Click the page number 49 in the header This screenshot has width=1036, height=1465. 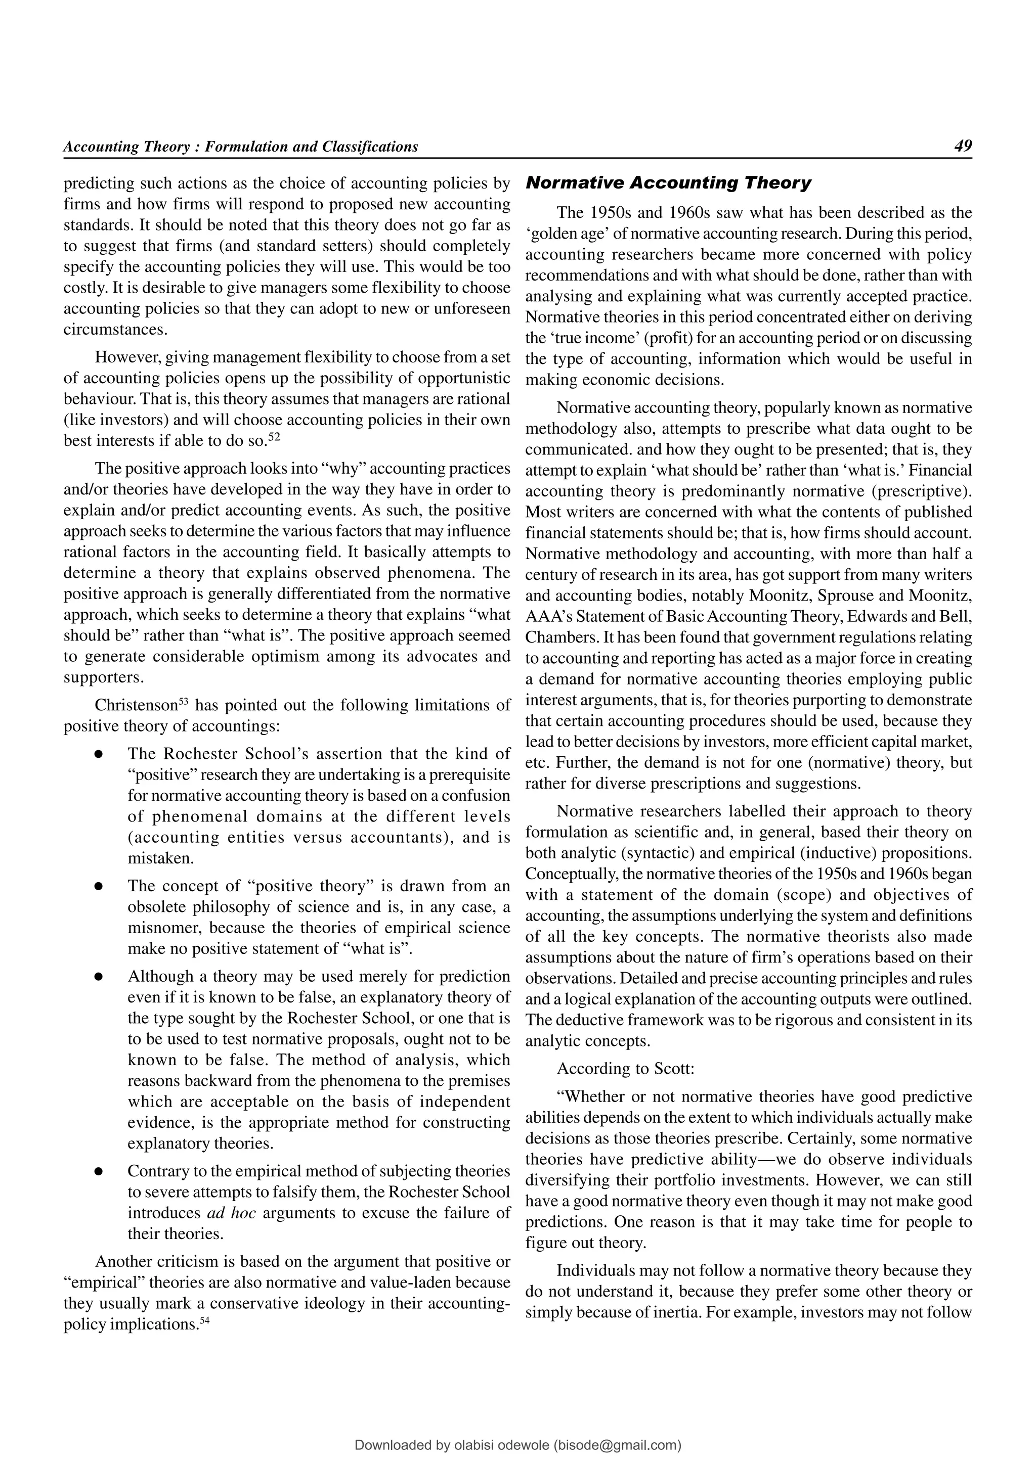coord(963,146)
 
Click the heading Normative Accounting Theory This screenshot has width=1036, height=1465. coord(668,183)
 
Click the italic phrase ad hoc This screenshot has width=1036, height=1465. coord(232,1213)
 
